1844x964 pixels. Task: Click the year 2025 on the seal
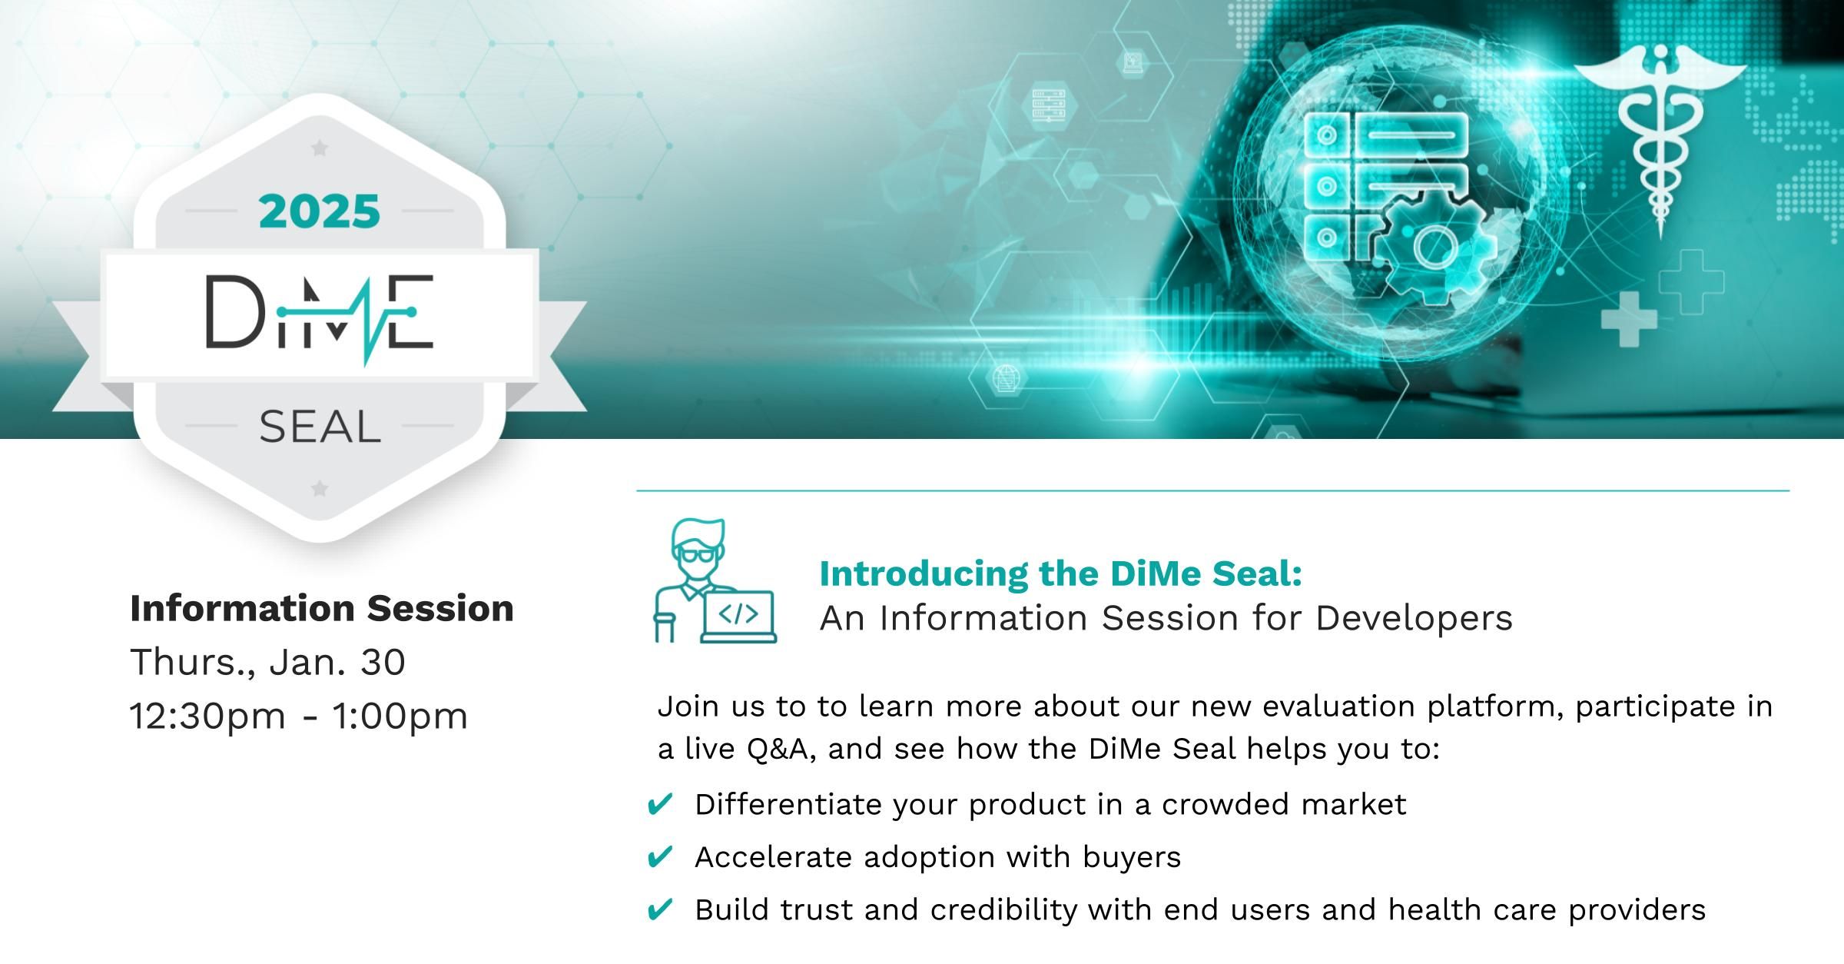[320, 211]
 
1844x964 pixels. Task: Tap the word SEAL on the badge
[320, 427]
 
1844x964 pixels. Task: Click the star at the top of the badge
[320, 148]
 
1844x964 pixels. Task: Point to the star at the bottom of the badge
[320, 488]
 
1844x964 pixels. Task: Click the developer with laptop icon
[715, 581]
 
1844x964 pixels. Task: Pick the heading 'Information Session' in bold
[322, 608]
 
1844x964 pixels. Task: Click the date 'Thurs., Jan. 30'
[267, 662]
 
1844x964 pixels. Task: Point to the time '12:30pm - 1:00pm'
[299, 716]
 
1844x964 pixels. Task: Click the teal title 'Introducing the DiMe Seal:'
[1061, 573]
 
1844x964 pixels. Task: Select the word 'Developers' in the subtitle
[1414, 619]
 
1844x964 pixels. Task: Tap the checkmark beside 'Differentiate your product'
[660, 805]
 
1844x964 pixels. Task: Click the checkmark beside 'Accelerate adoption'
[660, 857]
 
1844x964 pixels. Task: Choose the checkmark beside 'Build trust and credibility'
[660, 910]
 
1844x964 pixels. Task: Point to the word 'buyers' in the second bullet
[1132, 858]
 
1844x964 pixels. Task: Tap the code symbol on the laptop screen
[738, 613]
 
